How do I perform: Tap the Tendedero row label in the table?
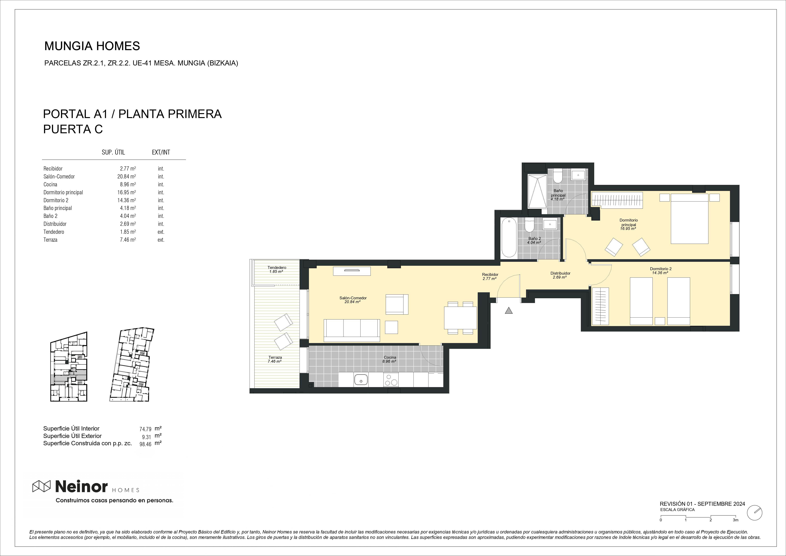pyautogui.click(x=54, y=232)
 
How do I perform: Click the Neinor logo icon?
pyautogui.click(x=41, y=486)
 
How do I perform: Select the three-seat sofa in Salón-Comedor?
pyautogui.click(x=352, y=330)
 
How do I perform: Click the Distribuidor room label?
pyautogui.click(x=560, y=273)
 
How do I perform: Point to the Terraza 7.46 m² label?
pyautogui.click(x=275, y=359)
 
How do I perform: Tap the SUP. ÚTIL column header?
pyautogui.click(x=113, y=152)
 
